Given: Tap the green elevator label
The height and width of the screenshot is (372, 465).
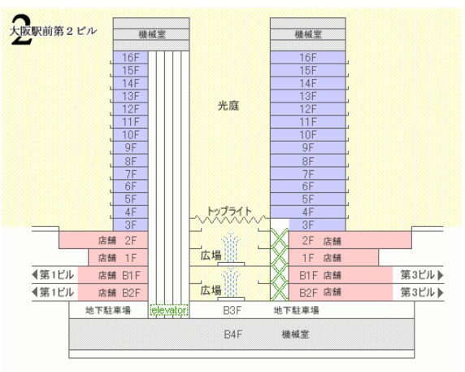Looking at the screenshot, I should click(169, 310).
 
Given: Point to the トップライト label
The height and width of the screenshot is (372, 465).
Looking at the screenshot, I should click(230, 210).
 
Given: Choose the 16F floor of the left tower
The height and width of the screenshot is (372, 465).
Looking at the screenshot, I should click(131, 57).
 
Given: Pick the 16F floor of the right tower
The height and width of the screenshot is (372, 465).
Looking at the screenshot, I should click(307, 57).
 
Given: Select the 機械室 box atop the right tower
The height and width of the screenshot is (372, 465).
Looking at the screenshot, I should click(308, 35).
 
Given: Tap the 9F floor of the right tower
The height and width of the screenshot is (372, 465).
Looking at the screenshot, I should click(307, 147).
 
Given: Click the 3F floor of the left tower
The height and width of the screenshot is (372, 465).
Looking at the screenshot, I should click(131, 224).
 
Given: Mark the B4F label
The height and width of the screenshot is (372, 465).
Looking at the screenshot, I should click(233, 334).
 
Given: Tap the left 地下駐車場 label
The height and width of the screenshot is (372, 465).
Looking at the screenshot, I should click(108, 310).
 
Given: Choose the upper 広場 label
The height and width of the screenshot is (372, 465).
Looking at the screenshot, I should click(211, 256).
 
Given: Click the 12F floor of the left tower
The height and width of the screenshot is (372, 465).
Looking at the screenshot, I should click(131, 108).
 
